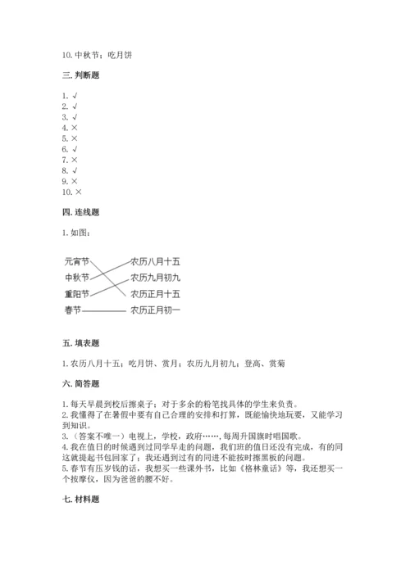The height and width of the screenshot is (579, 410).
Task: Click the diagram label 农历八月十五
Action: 155,263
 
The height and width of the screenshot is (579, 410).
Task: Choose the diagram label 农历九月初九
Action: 155,278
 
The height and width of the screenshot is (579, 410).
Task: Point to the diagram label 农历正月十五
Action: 155,294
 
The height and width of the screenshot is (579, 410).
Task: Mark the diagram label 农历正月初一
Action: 155,310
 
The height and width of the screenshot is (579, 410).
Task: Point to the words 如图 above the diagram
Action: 80,232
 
